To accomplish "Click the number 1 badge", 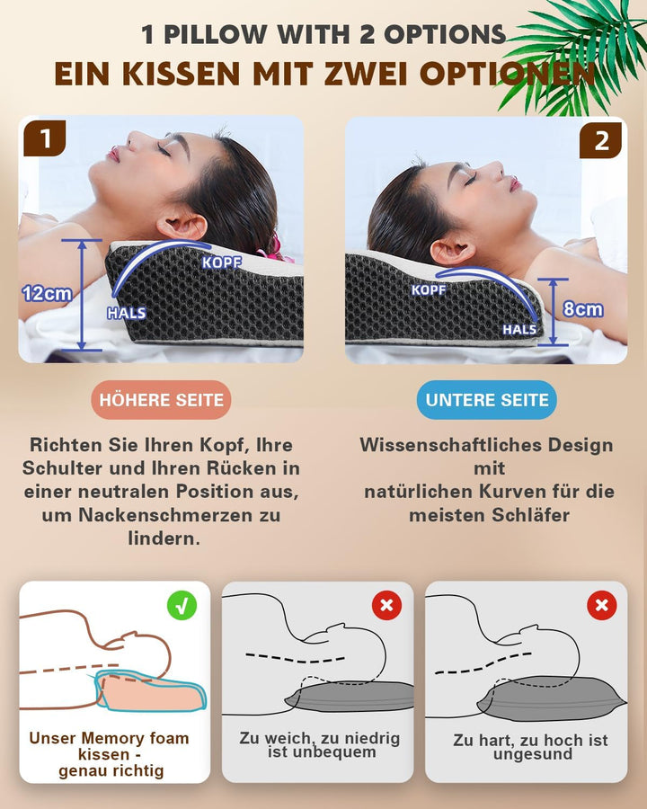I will tap(45, 139).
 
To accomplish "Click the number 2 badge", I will tap(601, 139).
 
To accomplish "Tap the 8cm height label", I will tap(583, 309).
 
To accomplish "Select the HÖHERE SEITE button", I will tap(162, 400).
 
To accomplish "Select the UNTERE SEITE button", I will tap(487, 400).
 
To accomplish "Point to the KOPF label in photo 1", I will tap(221, 262).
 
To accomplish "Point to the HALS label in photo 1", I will tap(127, 314).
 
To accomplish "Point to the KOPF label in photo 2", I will tap(428, 289).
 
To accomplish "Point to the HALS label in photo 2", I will tap(519, 329).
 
